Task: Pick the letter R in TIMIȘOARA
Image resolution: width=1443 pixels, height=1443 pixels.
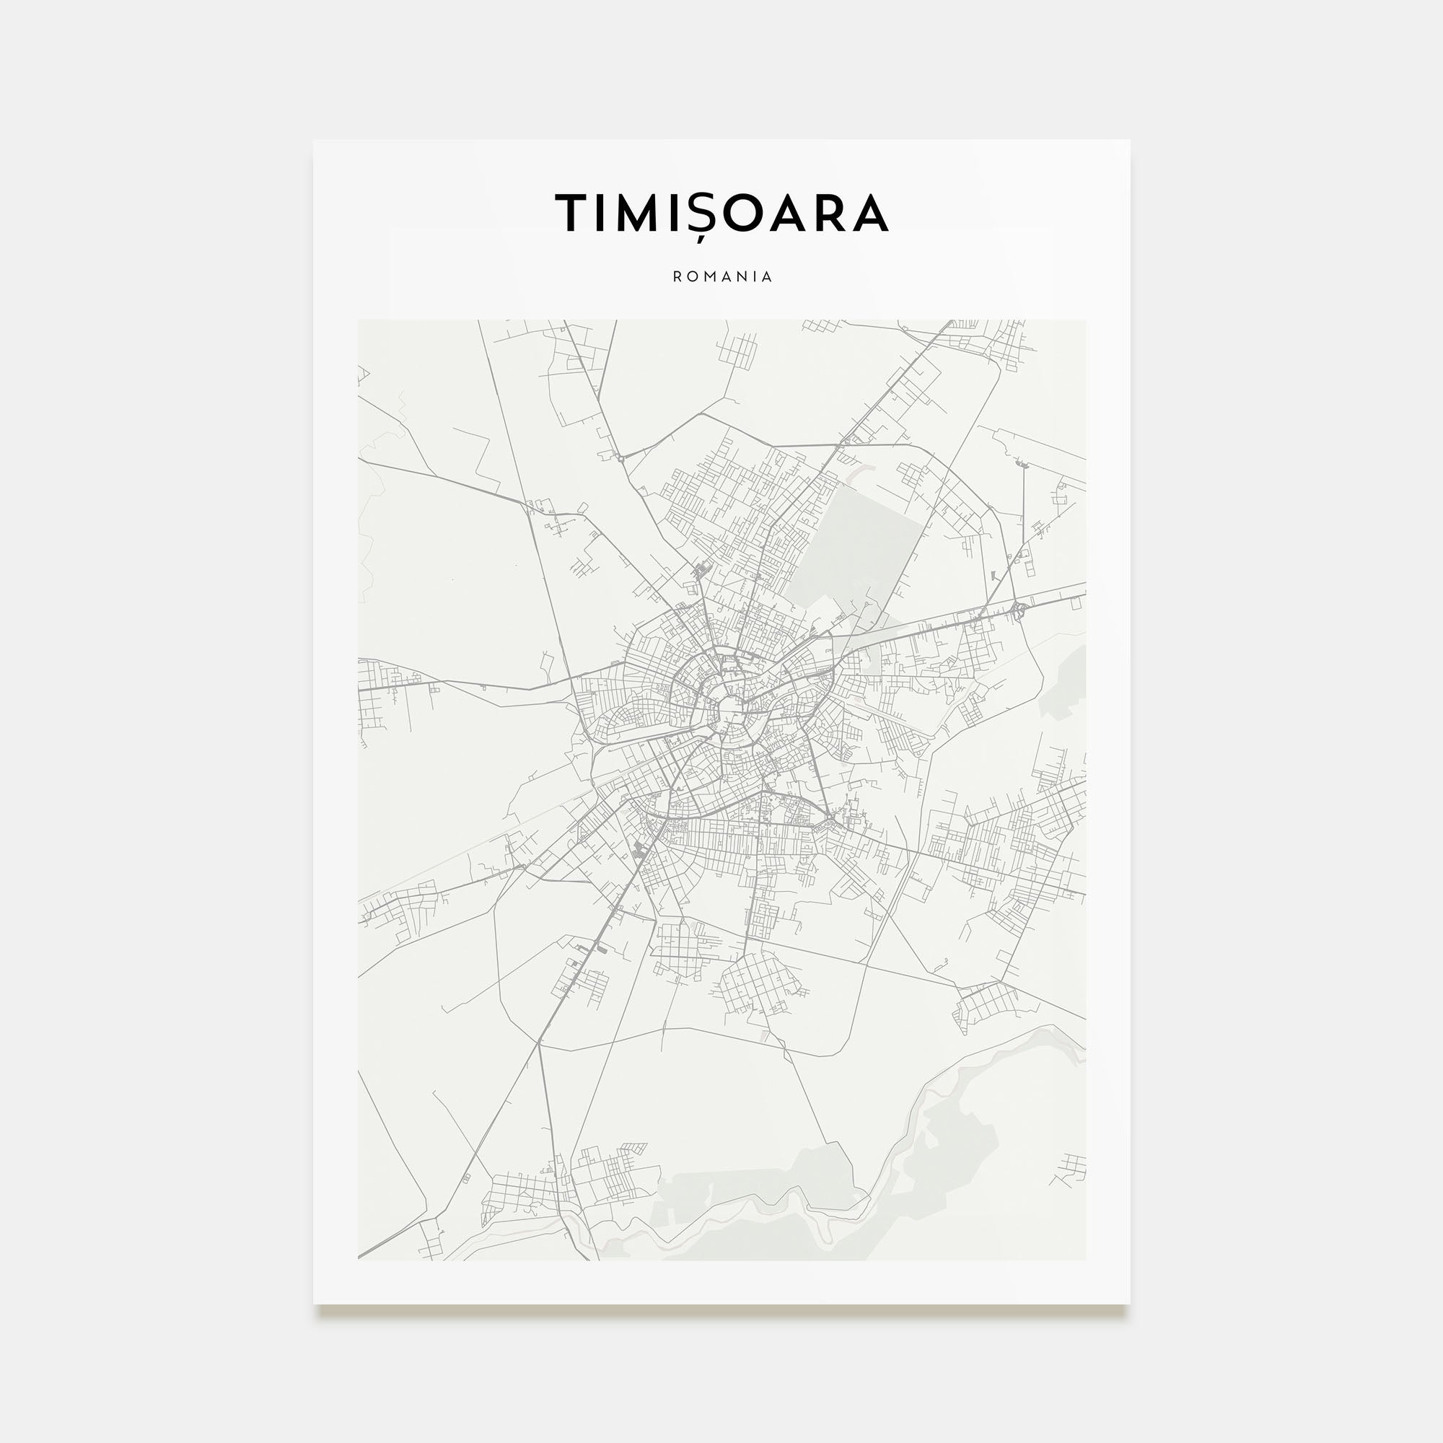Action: click(x=825, y=213)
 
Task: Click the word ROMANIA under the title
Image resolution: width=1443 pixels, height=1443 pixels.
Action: click(x=722, y=276)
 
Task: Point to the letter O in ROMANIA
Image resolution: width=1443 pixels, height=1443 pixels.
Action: click(x=692, y=276)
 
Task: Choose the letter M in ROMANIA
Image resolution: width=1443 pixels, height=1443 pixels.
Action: click(x=708, y=276)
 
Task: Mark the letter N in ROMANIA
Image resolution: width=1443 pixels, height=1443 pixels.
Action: click(x=740, y=276)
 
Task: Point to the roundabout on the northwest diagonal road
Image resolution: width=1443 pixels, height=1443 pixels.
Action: click(x=620, y=458)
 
